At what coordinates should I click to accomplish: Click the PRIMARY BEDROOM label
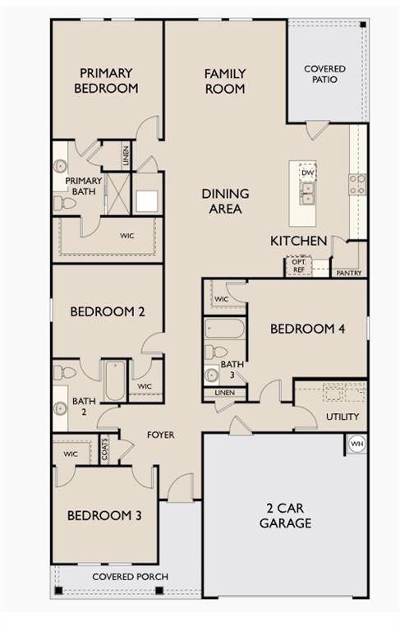pos(105,80)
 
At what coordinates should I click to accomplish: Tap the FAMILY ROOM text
pos(225,81)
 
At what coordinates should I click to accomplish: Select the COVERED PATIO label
pos(324,74)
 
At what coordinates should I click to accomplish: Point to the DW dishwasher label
pos(307,173)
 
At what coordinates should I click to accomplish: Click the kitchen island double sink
pos(306,193)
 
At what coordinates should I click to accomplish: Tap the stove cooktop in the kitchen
pos(357,184)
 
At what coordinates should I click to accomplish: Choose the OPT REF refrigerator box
pos(297,266)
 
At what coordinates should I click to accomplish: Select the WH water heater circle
pos(356,444)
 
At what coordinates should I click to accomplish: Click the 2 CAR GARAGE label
pos(285,516)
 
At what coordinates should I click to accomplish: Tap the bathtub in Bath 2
pos(113,380)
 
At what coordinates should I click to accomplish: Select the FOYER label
pos(160,435)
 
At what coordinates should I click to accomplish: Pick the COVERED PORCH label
pos(130,577)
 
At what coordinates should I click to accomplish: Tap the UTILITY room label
pos(343,417)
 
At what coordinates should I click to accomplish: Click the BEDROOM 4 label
pos(307,329)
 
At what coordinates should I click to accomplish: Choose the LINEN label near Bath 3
pos(224,394)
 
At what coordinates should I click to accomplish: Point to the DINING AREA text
pos(225,201)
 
